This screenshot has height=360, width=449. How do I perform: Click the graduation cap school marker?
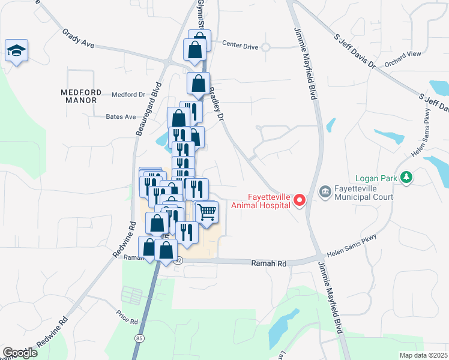tap(16, 51)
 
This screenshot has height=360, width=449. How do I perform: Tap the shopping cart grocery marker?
tap(206, 212)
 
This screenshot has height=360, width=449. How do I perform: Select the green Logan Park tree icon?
tap(407, 177)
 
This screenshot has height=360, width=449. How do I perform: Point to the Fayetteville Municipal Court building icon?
tap(325, 191)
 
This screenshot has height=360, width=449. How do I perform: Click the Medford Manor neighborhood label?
tap(79, 96)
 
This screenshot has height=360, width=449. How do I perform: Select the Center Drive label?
tap(240, 44)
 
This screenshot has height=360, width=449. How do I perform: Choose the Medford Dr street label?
tap(129, 94)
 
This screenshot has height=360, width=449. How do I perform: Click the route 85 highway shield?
tap(139, 339)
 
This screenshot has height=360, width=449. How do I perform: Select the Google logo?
tap(20, 353)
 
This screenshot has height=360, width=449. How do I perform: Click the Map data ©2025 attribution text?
tap(423, 355)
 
